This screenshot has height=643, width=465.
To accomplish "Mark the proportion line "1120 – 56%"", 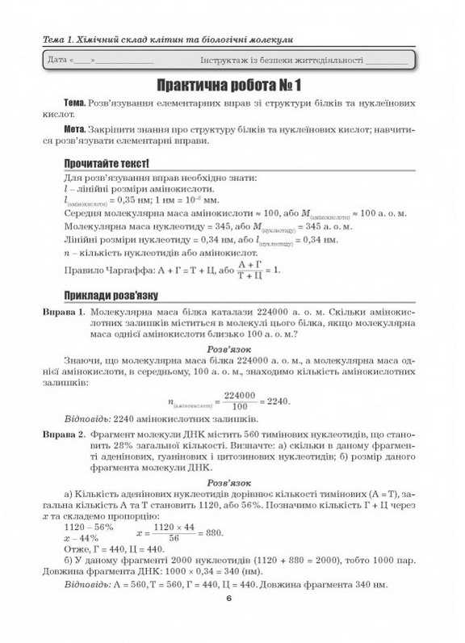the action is click(x=90, y=526).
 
